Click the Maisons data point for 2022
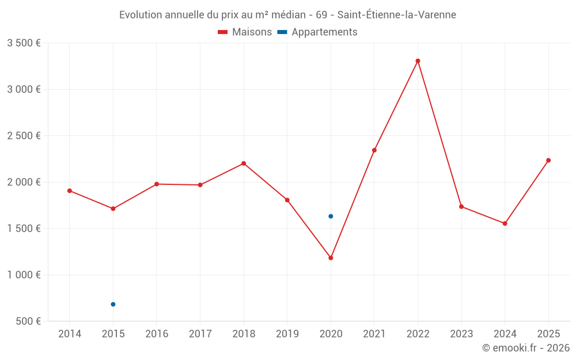[418, 60]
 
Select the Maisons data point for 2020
[331, 257]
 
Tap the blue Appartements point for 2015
[113, 304]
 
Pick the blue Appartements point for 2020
[331, 216]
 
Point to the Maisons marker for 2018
[244, 163]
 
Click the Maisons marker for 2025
[548, 160]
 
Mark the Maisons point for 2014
[70, 191]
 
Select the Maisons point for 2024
[505, 223]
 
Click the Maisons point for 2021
[374, 150]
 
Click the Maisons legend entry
[245, 32]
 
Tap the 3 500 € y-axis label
[24, 43]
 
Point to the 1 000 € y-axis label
[24, 275]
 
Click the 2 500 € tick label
[24, 136]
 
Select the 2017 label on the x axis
[200, 334]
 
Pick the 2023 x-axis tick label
[461, 334]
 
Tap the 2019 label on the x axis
[287, 334]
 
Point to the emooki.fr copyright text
[526, 348]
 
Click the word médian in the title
[289, 15]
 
